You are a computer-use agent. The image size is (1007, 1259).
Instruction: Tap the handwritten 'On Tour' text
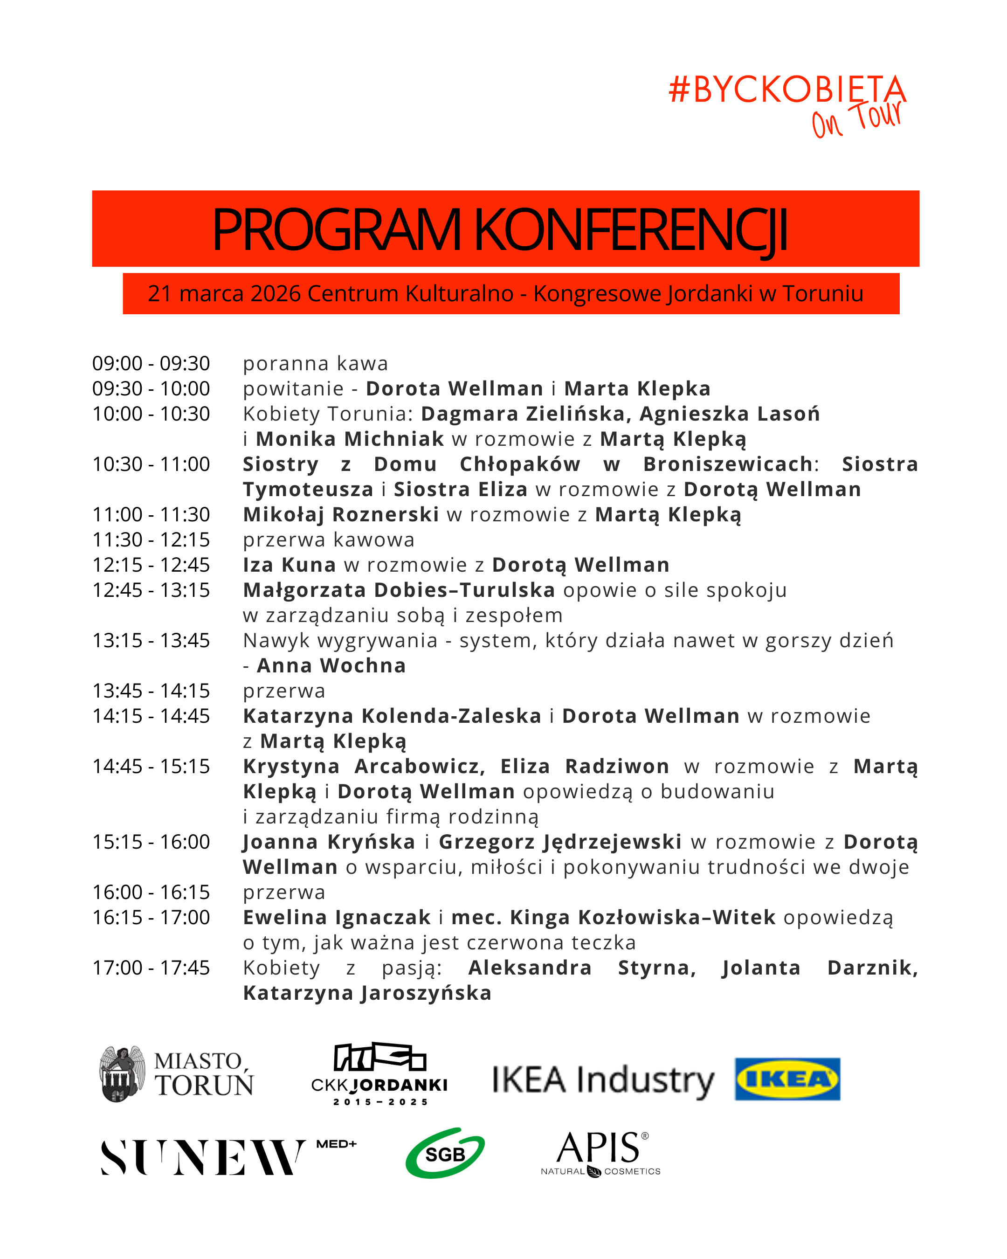856,120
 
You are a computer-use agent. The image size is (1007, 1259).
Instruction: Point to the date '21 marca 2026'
224,294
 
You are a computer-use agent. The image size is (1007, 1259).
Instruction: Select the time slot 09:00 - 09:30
151,363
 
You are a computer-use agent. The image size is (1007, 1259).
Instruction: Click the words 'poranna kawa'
315,363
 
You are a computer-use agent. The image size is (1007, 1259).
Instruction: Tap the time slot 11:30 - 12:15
151,540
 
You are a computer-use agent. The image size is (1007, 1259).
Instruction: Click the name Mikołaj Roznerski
341,514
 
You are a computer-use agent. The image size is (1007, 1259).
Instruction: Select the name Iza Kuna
290,565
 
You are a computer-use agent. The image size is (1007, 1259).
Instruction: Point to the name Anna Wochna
331,666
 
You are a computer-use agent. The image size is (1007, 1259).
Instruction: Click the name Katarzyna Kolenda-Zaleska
392,716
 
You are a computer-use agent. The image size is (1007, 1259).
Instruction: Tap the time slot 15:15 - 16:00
151,842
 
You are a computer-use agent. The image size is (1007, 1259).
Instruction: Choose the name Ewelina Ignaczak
337,917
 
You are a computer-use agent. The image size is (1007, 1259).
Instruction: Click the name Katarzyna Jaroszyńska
367,993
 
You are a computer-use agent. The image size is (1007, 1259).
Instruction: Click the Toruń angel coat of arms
122,1074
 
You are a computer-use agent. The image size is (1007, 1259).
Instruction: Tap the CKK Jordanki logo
379,1074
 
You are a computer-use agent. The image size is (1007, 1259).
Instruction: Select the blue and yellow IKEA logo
787,1079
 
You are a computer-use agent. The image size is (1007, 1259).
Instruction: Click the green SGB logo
445,1153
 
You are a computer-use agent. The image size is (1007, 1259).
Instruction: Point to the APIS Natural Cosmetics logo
600,1153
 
